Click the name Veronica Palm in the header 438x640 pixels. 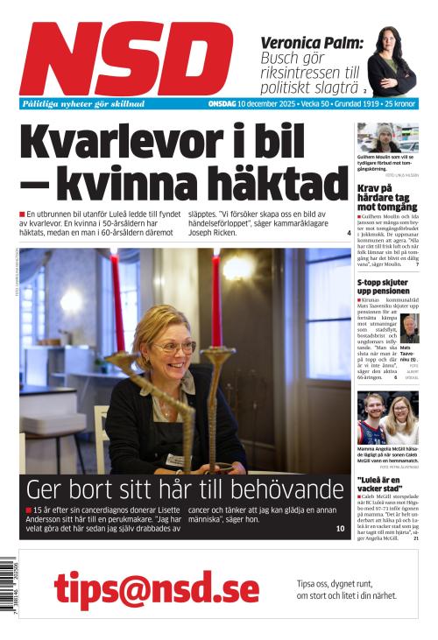(311, 41)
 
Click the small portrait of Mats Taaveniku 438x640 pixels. (409, 327)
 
